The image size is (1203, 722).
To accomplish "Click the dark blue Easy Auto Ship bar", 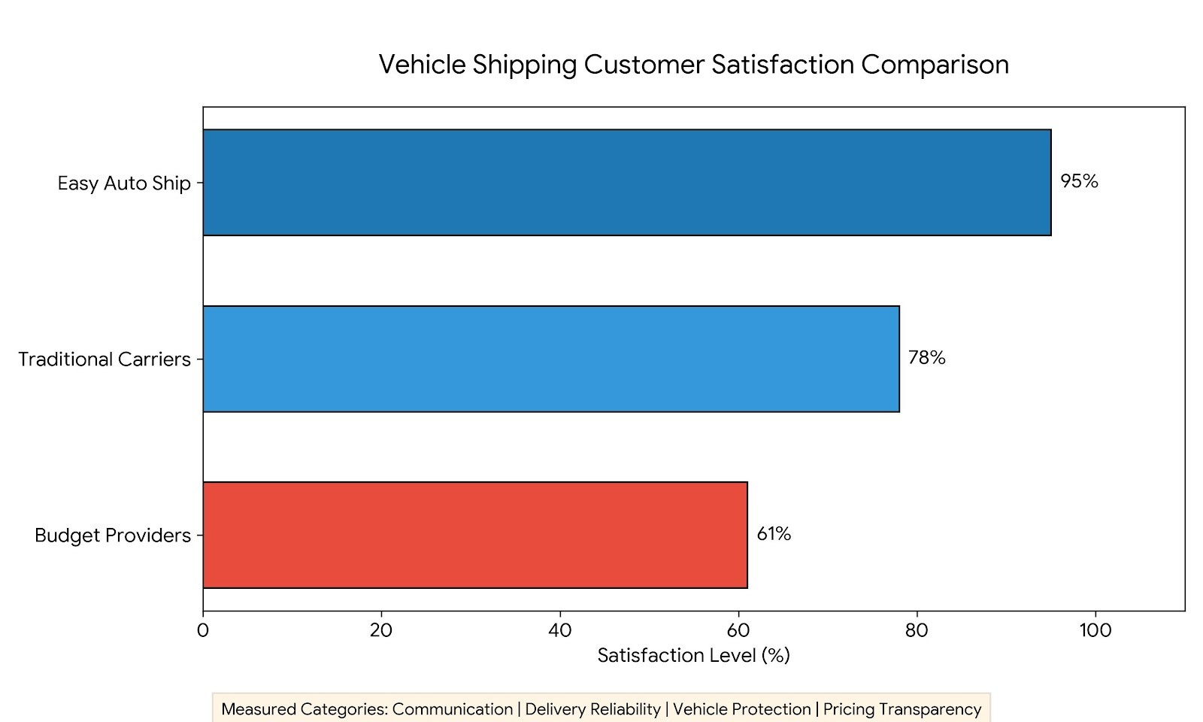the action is pyautogui.click(x=627, y=182).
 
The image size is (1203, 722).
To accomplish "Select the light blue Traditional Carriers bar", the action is pyautogui.click(x=551, y=359).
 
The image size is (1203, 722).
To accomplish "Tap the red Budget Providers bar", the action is pyautogui.click(x=475, y=535).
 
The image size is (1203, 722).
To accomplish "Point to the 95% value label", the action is pyautogui.click(x=1079, y=181).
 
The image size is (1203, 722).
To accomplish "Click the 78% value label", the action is pyautogui.click(x=927, y=358).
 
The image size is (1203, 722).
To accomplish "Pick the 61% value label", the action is pyautogui.click(x=774, y=534).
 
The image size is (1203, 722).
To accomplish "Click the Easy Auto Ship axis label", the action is pyautogui.click(x=124, y=184).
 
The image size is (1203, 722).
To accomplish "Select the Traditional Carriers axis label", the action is pyautogui.click(x=105, y=359).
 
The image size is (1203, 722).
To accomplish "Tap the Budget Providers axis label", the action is pyautogui.click(x=113, y=536).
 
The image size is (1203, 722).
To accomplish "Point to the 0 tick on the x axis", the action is pyautogui.click(x=202, y=631).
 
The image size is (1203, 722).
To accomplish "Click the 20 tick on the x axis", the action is pyautogui.click(x=381, y=631).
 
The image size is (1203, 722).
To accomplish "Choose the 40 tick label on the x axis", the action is pyautogui.click(x=560, y=631).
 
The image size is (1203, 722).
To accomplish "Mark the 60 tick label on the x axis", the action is pyautogui.click(x=738, y=631).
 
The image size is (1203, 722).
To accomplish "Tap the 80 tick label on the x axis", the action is pyautogui.click(x=917, y=631).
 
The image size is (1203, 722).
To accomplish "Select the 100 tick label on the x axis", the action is pyautogui.click(x=1095, y=631).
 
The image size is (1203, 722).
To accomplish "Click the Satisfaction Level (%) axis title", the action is pyautogui.click(x=694, y=656).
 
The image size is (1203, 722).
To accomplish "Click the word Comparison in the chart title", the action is pyautogui.click(x=935, y=65).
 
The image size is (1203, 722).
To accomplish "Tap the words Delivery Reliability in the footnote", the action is pyautogui.click(x=593, y=710).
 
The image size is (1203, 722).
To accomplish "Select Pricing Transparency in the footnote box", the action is pyautogui.click(x=902, y=710).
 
